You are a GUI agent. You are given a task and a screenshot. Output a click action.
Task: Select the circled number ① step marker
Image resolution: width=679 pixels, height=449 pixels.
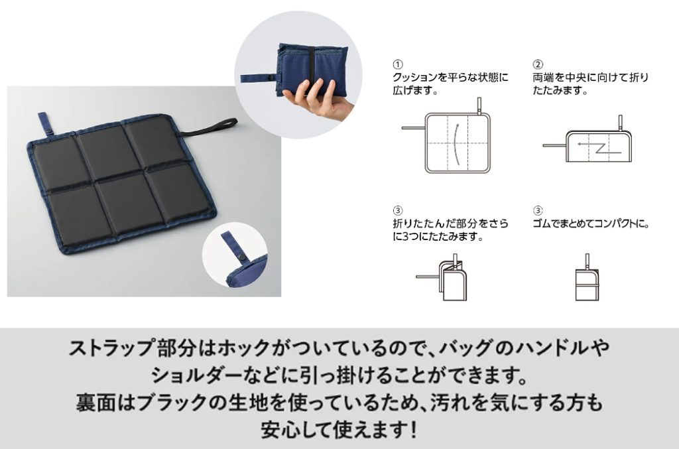pos(398,64)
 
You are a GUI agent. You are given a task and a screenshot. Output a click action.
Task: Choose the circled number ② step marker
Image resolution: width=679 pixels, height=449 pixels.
pos(538,64)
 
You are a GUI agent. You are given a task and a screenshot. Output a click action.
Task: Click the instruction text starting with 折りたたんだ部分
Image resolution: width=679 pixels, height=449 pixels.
pos(450,229)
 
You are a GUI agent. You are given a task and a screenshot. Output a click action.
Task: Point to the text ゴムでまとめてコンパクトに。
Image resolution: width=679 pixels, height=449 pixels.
pos(591,224)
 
